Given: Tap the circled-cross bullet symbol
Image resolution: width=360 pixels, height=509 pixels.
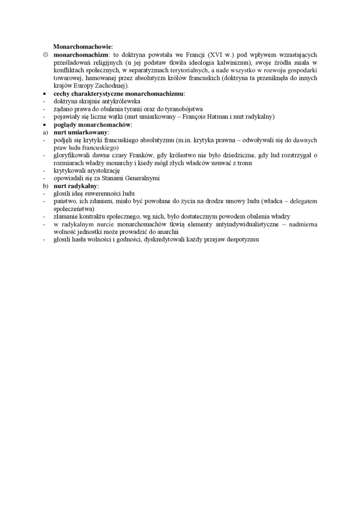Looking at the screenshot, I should point(45,55).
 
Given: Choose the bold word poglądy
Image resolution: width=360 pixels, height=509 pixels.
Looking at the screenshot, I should point(65,125).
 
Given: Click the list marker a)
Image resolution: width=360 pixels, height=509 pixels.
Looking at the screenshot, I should point(45,132).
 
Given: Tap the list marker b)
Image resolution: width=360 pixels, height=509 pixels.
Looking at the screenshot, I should point(45,186).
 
